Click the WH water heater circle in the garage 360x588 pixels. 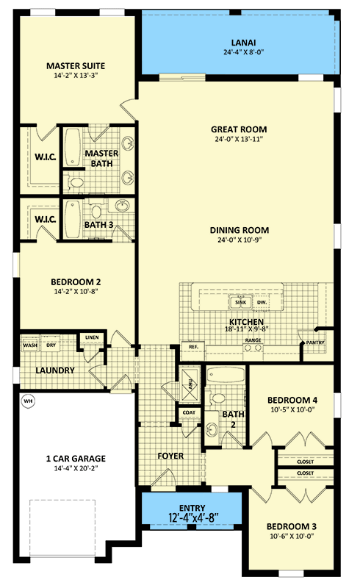[x=28, y=401]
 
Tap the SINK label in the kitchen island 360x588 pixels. [x=241, y=302]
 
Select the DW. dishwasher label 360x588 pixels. [x=262, y=302]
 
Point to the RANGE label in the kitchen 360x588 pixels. [x=253, y=340]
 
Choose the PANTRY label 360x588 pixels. [x=315, y=343]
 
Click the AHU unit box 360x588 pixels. [x=190, y=384]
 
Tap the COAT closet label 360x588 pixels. [x=189, y=412]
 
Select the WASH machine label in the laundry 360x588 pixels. [x=30, y=345]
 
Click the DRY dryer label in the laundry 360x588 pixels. [x=51, y=345]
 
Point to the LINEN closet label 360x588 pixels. [x=92, y=337]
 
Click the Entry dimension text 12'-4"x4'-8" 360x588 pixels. [x=193, y=517]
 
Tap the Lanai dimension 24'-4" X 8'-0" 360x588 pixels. [x=244, y=52]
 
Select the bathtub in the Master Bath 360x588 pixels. [x=73, y=148]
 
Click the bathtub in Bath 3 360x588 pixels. [x=73, y=219]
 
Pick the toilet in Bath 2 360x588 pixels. [x=215, y=398]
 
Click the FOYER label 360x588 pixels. [x=170, y=456]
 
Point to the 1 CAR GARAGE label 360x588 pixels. [x=76, y=458]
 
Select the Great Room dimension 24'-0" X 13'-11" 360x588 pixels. [x=239, y=139]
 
